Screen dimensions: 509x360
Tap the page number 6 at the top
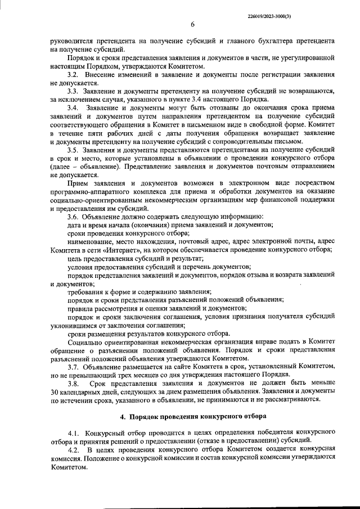pos(192,24)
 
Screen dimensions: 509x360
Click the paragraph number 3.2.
pos(73,75)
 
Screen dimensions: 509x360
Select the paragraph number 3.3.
pos(73,91)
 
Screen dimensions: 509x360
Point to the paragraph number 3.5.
pos(73,151)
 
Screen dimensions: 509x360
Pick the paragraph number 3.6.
pos(73,217)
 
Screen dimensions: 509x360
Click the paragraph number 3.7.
pos(73,367)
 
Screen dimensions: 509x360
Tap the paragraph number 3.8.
pos(73,384)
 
